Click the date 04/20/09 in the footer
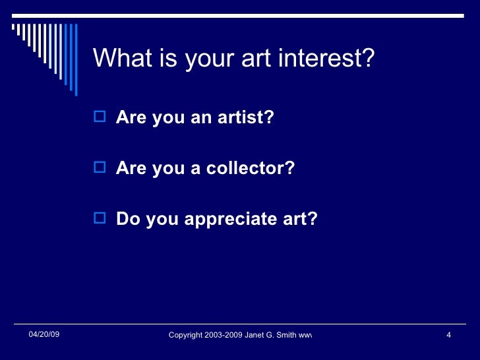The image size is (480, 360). (44, 335)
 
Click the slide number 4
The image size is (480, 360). (448, 336)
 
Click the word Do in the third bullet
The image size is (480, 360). (127, 219)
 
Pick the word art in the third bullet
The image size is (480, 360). (303, 219)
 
